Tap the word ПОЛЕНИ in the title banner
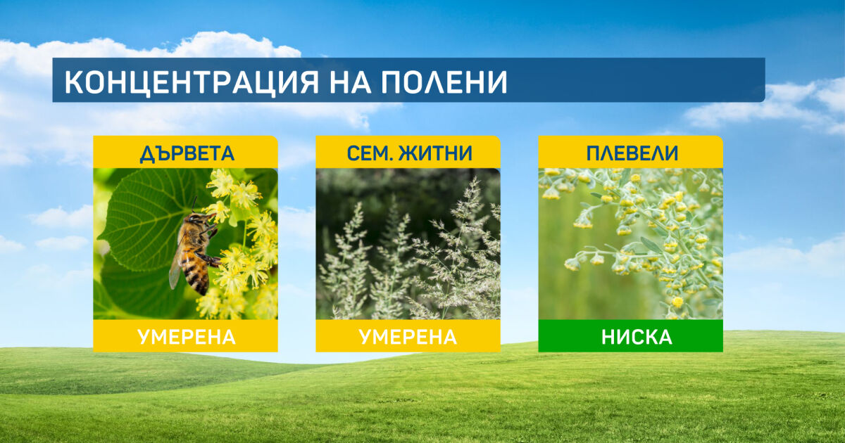(444, 82)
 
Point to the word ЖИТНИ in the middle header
(435, 153)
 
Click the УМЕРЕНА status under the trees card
(187, 337)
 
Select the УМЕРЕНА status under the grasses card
(408, 337)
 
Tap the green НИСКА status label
(637, 337)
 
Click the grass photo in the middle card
(408, 244)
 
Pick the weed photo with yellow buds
(631, 244)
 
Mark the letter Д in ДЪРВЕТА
(147, 154)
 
